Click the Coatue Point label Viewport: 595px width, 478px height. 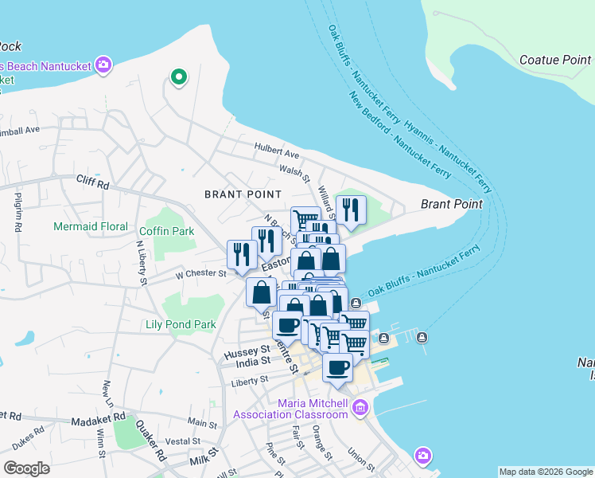click(x=554, y=60)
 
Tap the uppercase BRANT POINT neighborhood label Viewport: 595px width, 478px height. click(x=243, y=194)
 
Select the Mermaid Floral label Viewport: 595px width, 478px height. click(x=91, y=227)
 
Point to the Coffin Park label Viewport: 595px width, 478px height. click(x=166, y=231)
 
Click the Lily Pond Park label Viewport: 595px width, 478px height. click(x=181, y=325)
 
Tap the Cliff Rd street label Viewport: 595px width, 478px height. click(x=92, y=182)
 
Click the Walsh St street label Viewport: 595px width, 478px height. click(x=294, y=170)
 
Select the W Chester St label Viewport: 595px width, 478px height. click(x=201, y=273)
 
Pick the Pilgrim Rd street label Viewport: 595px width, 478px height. click(x=17, y=212)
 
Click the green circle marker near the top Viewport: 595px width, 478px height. click(x=179, y=77)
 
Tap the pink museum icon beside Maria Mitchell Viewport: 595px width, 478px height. click(x=360, y=408)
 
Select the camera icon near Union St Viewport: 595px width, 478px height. click(x=423, y=456)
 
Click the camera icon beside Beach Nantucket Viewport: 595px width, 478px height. click(x=102, y=65)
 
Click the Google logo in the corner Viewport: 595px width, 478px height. click(x=26, y=468)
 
